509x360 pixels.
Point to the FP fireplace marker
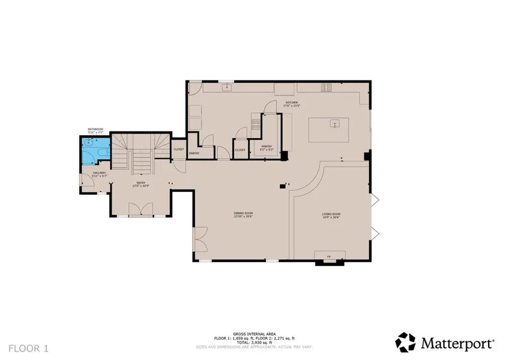[x=329, y=258]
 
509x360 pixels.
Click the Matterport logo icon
[x=405, y=342]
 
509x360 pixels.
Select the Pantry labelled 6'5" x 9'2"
[x=266, y=147]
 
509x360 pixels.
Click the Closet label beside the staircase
[x=179, y=149]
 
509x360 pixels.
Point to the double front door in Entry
[x=140, y=210]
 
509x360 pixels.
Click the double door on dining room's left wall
[x=200, y=241]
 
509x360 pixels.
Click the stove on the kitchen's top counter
[x=327, y=87]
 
